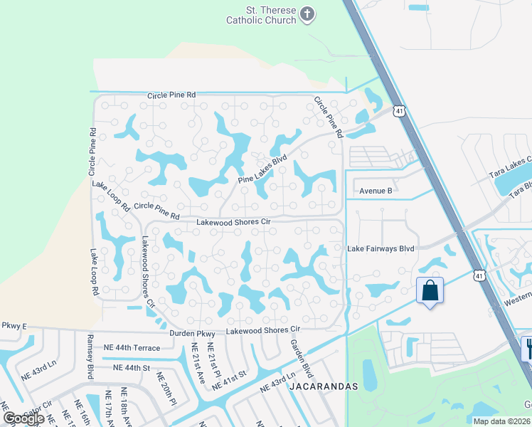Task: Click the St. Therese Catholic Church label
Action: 260,14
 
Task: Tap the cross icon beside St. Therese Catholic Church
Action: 307,14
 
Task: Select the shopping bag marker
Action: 430,290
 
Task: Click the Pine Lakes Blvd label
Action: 262,169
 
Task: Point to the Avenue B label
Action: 376,191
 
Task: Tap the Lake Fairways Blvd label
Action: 381,249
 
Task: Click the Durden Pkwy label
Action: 192,333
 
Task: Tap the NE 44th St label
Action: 132,368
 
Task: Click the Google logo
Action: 23,418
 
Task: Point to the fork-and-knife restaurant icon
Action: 529,349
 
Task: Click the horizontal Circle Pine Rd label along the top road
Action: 171,95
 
